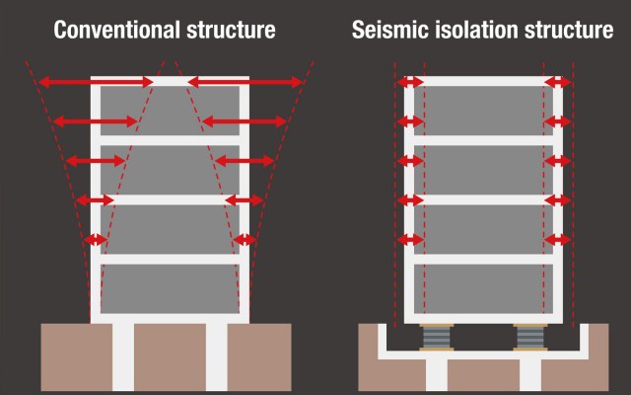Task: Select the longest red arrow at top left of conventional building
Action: (x=99, y=81)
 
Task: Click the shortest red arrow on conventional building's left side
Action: (x=95, y=240)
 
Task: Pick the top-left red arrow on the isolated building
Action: (x=410, y=81)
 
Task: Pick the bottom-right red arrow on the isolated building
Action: (x=557, y=240)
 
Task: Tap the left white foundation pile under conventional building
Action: (x=123, y=357)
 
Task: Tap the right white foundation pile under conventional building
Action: (x=217, y=357)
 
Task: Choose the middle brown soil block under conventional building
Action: (x=170, y=357)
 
